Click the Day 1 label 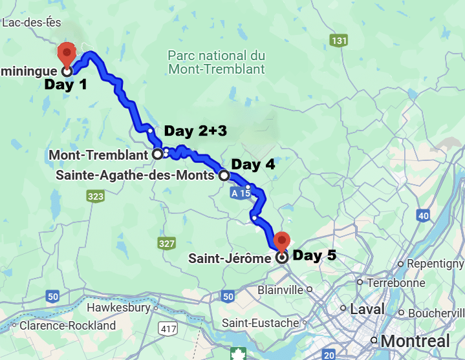[x=65, y=85]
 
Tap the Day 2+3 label [x=195, y=131]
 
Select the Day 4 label [x=253, y=165]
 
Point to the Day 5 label [x=314, y=255]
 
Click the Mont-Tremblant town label [x=98, y=155]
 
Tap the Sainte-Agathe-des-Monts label [x=135, y=175]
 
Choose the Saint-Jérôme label [x=230, y=259]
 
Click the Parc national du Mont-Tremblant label [x=216, y=62]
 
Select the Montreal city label [x=416, y=341]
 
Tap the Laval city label [x=367, y=310]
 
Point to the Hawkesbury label [x=118, y=308]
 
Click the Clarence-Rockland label [x=68, y=325]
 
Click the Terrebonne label [x=396, y=282]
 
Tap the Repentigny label [x=432, y=264]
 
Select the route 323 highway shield [x=96, y=196]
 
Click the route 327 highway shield [x=166, y=243]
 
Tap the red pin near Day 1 [x=66, y=52]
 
